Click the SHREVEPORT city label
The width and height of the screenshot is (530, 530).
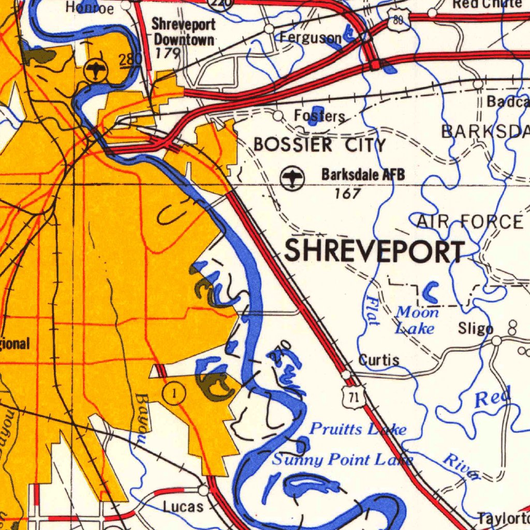pyautogui.click(x=374, y=252)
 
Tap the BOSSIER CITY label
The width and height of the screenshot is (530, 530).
pyautogui.click(x=320, y=145)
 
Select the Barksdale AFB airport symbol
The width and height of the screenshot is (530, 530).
pyautogui.click(x=292, y=178)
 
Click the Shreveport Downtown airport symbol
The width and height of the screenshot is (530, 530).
pyautogui.click(x=96, y=69)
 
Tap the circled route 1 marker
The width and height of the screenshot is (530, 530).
pyautogui.click(x=174, y=394)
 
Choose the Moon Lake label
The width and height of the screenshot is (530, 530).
pyautogui.click(x=416, y=320)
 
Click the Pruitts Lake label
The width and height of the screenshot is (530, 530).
pyautogui.click(x=358, y=429)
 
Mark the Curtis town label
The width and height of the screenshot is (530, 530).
pyautogui.click(x=379, y=360)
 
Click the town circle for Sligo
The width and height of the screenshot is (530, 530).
pyautogui.click(x=497, y=341)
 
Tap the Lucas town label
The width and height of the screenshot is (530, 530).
pyautogui.click(x=183, y=507)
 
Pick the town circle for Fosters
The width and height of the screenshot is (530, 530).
pyautogui.click(x=278, y=115)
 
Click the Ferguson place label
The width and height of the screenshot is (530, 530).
pyautogui.click(x=311, y=37)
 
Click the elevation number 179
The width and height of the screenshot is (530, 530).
pyautogui.click(x=167, y=53)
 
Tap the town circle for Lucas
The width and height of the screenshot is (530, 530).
pyautogui.click(x=204, y=489)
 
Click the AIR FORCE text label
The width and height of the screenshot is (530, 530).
pyautogui.click(x=469, y=223)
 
